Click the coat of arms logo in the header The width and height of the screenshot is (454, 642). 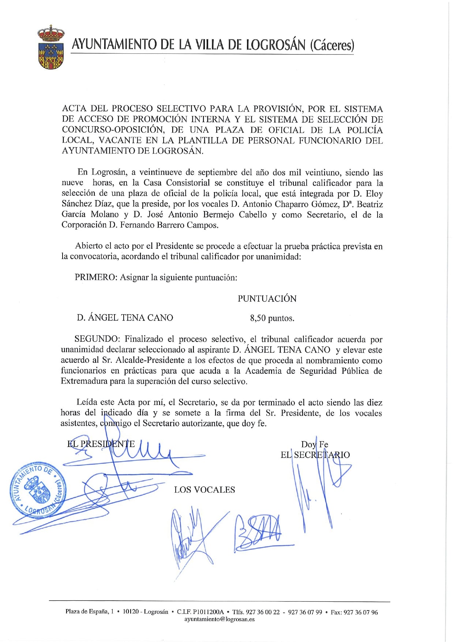pyautogui.click(x=51, y=47)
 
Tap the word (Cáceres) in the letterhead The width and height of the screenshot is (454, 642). pyautogui.click(x=332, y=45)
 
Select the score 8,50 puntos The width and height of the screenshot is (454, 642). pyautogui.click(x=272, y=318)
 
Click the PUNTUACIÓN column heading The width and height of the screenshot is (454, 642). pyautogui.click(x=267, y=299)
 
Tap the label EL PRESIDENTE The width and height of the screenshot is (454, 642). pyautogui.click(x=101, y=444)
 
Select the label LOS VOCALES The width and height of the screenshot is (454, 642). pyautogui.click(x=205, y=490)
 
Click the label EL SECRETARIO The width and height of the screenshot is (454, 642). pyautogui.click(x=315, y=455)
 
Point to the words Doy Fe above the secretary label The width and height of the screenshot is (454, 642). pyautogui.click(x=314, y=444)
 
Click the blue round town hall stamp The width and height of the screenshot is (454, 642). pyautogui.click(x=38, y=488)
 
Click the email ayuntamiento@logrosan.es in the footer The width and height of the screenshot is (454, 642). pyautogui.click(x=220, y=619)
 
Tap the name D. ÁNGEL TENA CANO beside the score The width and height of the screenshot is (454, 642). pyautogui.click(x=125, y=318)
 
